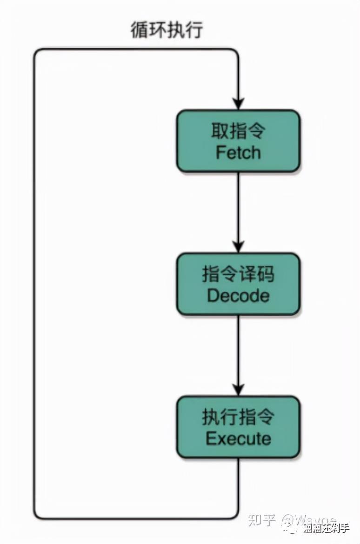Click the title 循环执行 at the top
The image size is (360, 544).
tap(167, 30)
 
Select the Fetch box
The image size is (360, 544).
tap(238, 141)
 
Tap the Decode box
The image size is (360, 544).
tap(238, 284)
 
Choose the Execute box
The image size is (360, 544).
tap(238, 427)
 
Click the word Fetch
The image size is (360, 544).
tap(238, 153)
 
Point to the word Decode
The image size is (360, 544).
tap(238, 296)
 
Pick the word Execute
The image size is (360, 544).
tap(238, 438)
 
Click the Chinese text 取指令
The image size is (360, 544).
tap(238, 131)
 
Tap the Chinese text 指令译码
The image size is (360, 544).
tap(238, 274)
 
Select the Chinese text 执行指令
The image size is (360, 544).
tap(238, 417)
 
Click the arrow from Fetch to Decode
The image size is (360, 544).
tap(238, 209)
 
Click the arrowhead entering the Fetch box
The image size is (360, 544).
tap(238, 104)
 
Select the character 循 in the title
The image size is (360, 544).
tap(140, 30)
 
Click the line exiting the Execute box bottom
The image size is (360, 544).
tap(238, 484)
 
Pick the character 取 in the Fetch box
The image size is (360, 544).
tap(220, 131)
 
